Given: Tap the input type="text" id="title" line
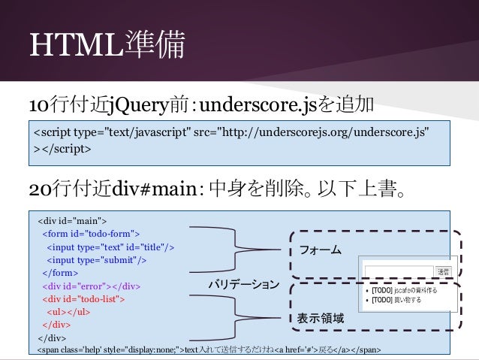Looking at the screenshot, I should (x=110, y=247).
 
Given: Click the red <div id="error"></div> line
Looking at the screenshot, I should (x=91, y=286).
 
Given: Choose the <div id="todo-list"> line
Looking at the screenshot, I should (x=83, y=298).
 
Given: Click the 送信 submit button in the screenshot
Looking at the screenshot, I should (x=444, y=271).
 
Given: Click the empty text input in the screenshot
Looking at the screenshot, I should (x=398, y=271).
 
